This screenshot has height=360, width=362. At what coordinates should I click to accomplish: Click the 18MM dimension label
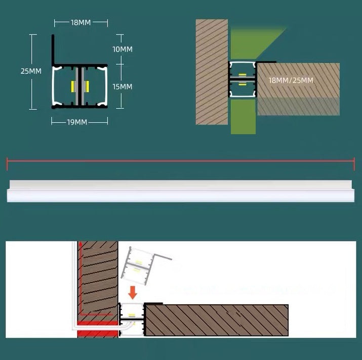(x=82, y=22)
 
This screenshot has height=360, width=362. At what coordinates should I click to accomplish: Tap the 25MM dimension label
(x=31, y=71)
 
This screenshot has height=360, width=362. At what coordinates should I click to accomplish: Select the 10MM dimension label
(x=122, y=49)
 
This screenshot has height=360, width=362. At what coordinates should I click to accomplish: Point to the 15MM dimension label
(x=122, y=87)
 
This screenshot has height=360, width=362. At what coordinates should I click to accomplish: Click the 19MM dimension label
(x=77, y=122)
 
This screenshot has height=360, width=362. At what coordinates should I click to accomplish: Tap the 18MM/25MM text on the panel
(x=291, y=80)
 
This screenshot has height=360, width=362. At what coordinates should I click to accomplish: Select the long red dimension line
(x=180, y=162)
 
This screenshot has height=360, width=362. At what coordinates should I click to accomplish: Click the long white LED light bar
(x=180, y=191)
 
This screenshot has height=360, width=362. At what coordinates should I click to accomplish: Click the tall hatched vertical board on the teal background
(x=212, y=71)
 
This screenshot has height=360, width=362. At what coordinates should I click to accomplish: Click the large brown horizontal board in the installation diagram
(x=217, y=321)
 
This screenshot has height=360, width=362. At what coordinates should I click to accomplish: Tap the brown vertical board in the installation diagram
(x=100, y=278)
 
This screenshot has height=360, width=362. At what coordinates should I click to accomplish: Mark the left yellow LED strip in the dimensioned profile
(x=74, y=87)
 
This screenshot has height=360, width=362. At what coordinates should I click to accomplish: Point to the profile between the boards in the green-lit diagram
(x=242, y=79)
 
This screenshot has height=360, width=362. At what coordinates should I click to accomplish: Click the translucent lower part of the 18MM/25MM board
(x=298, y=106)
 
